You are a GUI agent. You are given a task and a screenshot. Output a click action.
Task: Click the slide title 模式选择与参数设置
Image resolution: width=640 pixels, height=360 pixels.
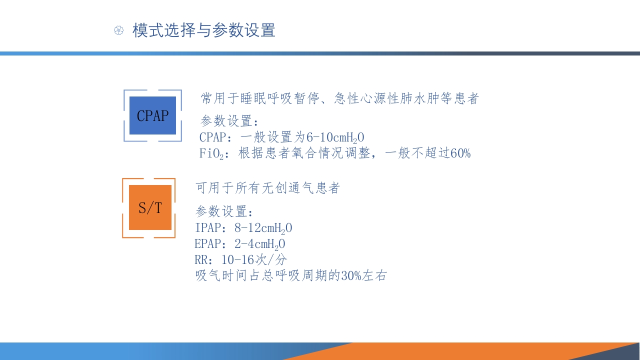(x=203, y=30)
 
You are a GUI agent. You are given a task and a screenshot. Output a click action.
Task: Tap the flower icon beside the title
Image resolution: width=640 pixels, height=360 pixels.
(x=118, y=30)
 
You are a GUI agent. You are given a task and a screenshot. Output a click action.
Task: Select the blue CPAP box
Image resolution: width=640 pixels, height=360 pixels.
(x=152, y=115)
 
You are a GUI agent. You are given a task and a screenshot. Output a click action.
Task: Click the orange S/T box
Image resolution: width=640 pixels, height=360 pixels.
(x=150, y=207)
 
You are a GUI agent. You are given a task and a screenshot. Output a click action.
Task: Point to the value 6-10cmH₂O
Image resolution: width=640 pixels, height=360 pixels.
(x=335, y=137)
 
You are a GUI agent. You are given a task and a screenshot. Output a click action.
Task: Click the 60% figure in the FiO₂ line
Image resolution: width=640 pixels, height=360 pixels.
(x=460, y=153)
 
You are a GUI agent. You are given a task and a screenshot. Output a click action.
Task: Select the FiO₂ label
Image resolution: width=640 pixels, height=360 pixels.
(x=211, y=153)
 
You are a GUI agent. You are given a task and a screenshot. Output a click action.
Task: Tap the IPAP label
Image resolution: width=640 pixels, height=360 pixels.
(x=208, y=228)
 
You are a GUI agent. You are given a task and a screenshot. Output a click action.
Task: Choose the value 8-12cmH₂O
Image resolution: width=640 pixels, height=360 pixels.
(x=263, y=228)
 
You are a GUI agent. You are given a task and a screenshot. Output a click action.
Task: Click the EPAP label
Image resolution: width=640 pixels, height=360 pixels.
(x=207, y=244)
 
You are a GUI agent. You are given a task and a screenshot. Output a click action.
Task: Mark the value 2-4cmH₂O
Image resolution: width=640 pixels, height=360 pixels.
(x=259, y=244)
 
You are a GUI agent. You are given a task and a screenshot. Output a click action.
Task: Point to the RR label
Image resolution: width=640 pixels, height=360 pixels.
(x=201, y=260)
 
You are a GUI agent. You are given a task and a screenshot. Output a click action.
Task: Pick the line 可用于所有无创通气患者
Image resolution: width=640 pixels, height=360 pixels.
(x=267, y=188)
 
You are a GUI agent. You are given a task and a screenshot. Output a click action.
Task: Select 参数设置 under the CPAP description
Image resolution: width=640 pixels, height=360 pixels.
(x=226, y=121)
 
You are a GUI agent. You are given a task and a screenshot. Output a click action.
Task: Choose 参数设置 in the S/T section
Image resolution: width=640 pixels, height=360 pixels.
(x=221, y=211)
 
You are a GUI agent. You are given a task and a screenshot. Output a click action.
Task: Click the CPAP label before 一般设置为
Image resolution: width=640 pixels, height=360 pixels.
(x=213, y=137)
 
